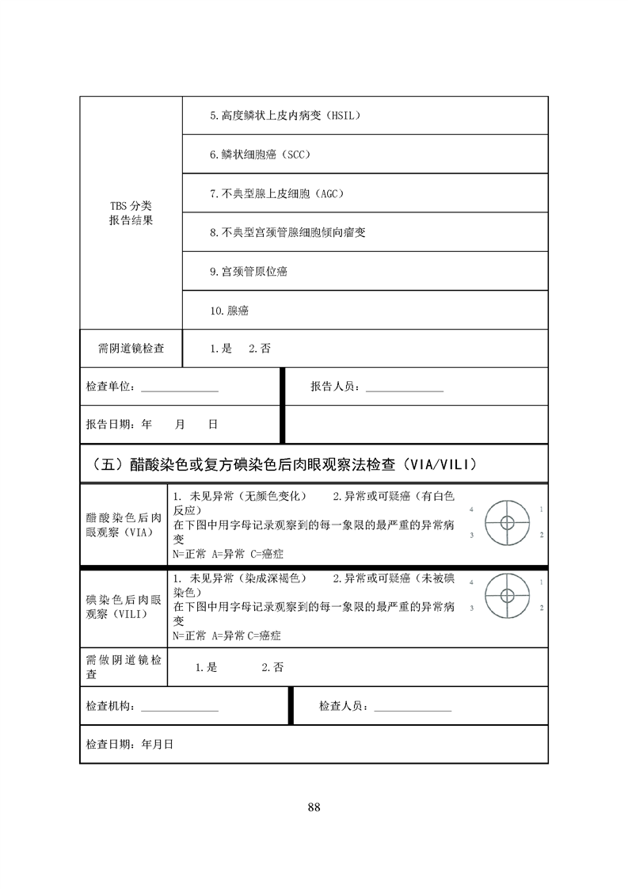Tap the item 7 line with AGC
(276, 193)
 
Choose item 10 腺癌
(230, 311)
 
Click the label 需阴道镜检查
(131, 348)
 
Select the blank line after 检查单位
(179, 388)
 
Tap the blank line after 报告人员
(404, 388)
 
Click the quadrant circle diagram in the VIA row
(507, 522)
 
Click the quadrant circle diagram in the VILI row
(507, 595)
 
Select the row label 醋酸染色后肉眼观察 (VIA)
(124, 525)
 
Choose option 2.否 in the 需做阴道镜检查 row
(272, 667)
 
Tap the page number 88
(314, 807)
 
